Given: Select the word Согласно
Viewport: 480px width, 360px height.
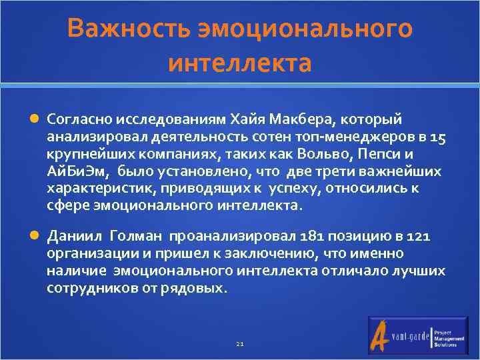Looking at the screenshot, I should point(79,119).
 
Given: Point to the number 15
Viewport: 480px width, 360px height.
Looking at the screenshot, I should point(438,137).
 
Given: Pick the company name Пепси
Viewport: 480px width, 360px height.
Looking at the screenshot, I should point(388,154).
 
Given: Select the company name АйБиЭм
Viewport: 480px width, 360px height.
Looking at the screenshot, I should point(74,171).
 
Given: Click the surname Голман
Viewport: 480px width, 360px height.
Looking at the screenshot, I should point(137,236).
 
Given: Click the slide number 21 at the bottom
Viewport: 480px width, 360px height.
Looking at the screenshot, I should point(240,344).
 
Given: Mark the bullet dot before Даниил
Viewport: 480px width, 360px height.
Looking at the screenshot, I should point(35,237).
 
